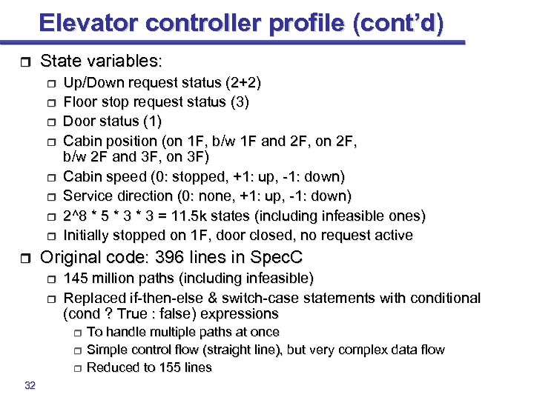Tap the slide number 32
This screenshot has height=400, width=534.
[x=30, y=385]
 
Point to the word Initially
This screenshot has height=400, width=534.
[x=87, y=236]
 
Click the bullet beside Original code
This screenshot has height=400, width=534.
[x=24, y=260]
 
